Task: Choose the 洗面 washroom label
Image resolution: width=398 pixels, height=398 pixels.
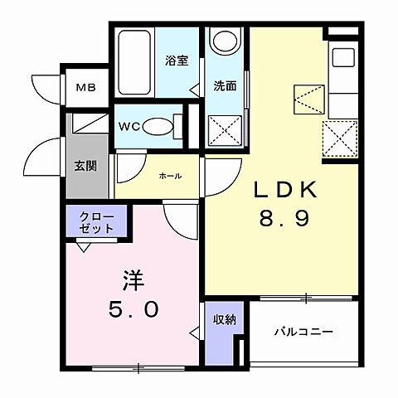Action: (x=225, y=85)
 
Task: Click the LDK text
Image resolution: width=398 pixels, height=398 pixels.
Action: (x=285, y=190)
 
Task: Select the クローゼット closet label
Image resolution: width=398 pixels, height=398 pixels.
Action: (x=97, y=222)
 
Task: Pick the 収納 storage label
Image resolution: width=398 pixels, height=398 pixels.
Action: (x=222, y=318)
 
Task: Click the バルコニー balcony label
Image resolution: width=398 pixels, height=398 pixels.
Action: (x=304, y=332)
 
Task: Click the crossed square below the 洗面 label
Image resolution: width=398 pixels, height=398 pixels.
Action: (x=224, y=130)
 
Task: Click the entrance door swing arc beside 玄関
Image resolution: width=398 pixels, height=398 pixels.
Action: (x=46, y=158)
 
